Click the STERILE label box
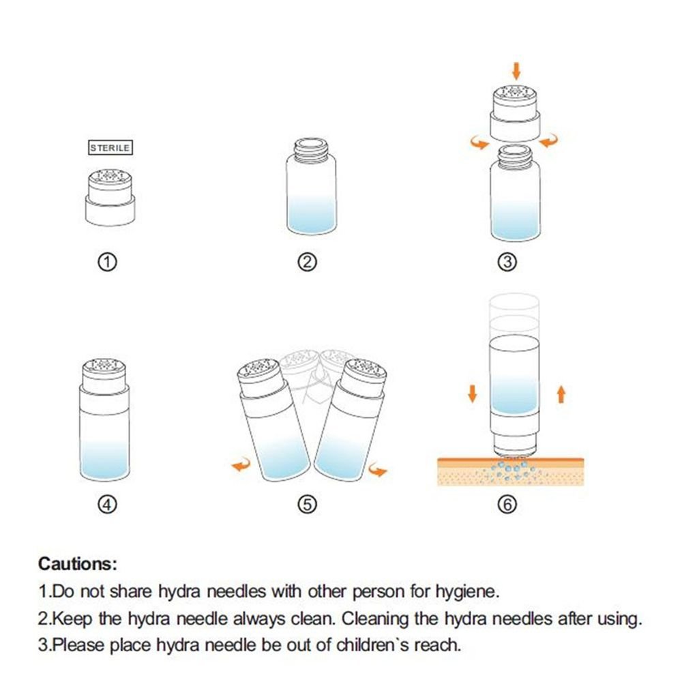[x=110, y=148]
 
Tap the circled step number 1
[x=108, y=263]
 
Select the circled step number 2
[x=307, y=263]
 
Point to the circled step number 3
[x=507, y=263]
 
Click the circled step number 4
[x=108, y=505]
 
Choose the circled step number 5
[x=307, y=505]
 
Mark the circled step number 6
[x=507, y=505]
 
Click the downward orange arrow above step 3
[x=516, y=71]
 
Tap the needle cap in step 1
[x=110, y=198]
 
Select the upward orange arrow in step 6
[x=561, y=394]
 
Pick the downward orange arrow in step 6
[x=473, y=393]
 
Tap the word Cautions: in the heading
[x=78, y=564]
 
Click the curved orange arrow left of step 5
[x=241, y=465]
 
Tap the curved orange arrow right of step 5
[x=378, y=469]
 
